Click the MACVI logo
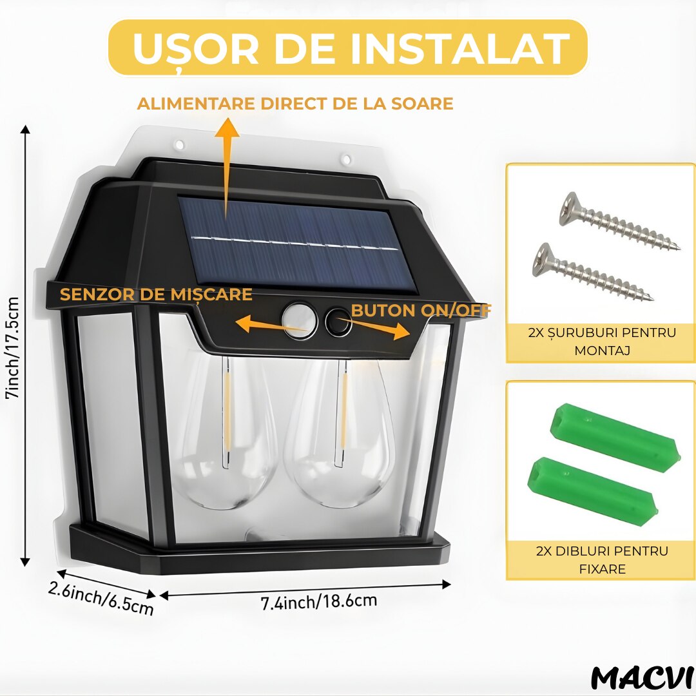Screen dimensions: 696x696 [x=643, y=678]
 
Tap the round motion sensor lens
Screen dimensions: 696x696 [x=300, y=320]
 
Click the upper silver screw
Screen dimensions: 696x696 [x=619, y=220]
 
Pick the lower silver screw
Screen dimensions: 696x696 [x=592, y=271]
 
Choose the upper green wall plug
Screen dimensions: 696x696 [x=615, y=437]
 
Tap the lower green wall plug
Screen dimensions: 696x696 [x=593, y=491]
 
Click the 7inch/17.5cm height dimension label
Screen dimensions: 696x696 [x=13, y=348]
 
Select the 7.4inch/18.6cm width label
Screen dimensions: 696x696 [x=319, y=601]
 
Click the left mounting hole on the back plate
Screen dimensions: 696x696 [x=180, y=145]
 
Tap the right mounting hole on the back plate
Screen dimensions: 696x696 [x=347, y=159]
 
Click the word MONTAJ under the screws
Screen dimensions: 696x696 [x=603, y=351]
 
